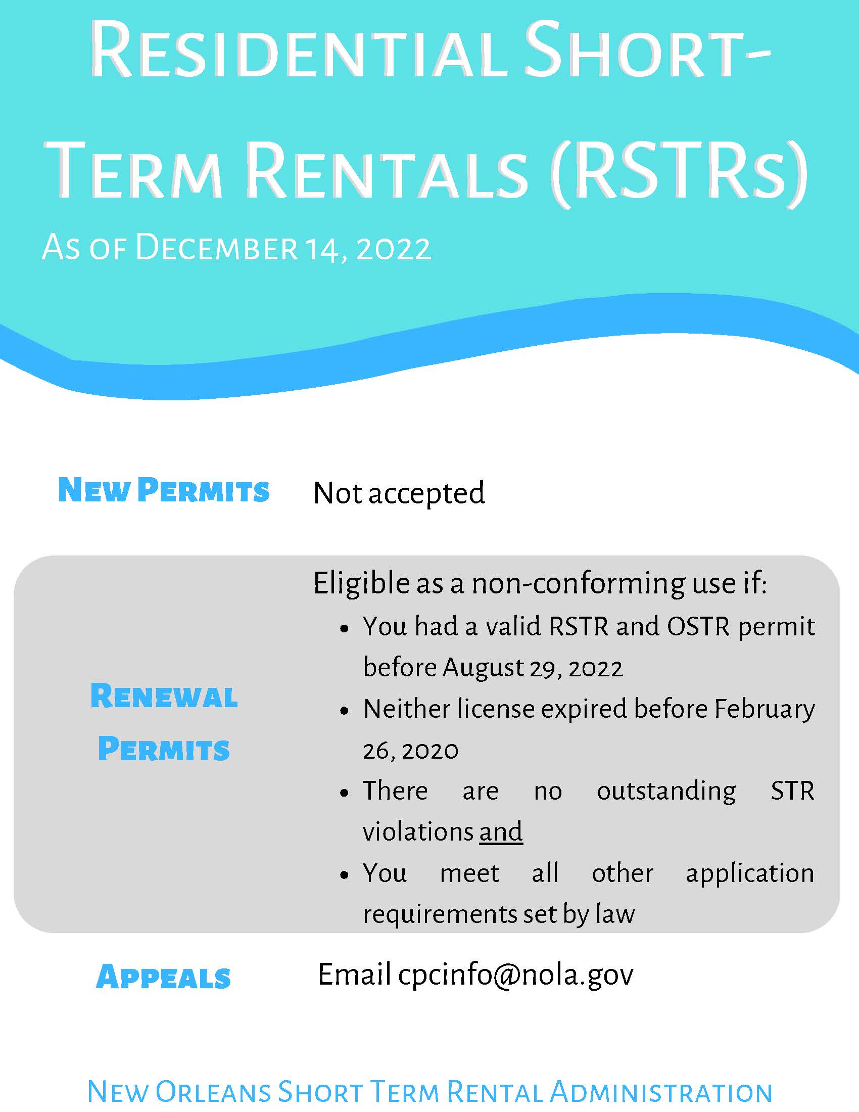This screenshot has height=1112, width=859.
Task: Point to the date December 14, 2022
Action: pyautogui.click(x=283, y=249)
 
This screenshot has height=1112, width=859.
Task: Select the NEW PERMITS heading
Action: pyautogui.click(x=163, y=490)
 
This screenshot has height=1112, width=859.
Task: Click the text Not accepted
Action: pyautogui.click(x=399, y=493)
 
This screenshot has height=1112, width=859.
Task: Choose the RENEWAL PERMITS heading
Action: pyautogui.click(x=164, y=722)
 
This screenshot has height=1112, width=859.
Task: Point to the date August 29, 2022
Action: pyautogui.click(x=532, y=668)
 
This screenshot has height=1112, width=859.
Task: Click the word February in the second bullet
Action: pyautogui.click(x=765, y=709)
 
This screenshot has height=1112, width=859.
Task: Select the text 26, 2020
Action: pyautogui.click(x=410, y=751)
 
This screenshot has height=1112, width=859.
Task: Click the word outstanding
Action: pyautogui.click(x=666, y=791)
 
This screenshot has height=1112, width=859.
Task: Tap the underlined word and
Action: pyautogui.click(x=501, y=832)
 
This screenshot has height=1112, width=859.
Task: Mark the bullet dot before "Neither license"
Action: pyautogui.click(x=345, y=711)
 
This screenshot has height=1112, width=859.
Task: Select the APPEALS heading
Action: pyautogui.click(x=163, y=977)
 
